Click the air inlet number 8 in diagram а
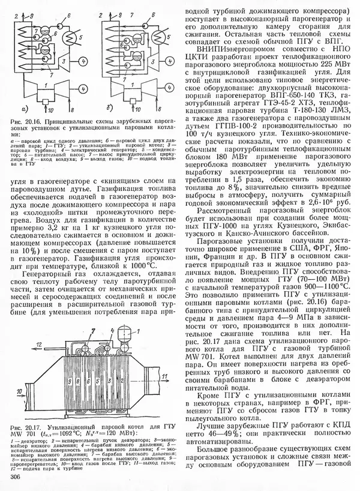(71, 110)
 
